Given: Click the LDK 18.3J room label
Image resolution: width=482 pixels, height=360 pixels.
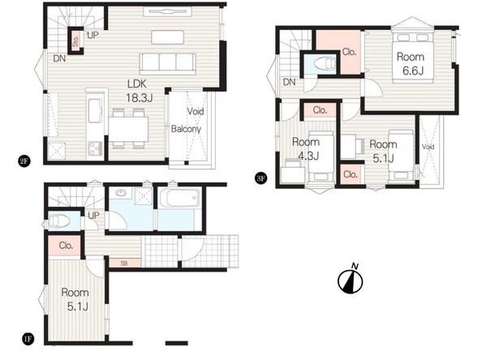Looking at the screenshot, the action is click(140, 91).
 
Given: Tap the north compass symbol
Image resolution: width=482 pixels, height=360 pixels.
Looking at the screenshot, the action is click(351, 280).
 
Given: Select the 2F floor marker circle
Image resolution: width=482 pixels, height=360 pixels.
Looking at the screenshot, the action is click(24, 161).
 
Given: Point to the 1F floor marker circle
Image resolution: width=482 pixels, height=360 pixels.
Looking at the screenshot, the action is click(28, 339).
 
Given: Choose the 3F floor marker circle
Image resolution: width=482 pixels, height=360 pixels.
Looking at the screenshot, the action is click(260, 178).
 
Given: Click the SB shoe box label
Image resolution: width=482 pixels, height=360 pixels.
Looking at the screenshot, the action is click(124, 264).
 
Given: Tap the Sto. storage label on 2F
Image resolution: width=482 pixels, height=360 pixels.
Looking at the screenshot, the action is click(75, 41).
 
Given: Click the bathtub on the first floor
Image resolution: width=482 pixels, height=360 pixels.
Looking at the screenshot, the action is click(179, 199).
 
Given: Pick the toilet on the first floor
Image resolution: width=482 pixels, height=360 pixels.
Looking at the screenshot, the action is click(60, 221).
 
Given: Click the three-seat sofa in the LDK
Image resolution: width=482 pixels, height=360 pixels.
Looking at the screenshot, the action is click(167, 64).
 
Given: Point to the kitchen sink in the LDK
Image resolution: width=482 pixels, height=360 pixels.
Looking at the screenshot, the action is click(95, 110).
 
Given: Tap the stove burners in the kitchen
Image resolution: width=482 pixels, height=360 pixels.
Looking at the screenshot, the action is click(95, 148).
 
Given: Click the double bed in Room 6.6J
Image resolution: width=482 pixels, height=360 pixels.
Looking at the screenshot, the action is click(413, 58).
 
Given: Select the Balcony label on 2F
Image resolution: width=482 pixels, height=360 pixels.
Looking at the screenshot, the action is click(186, 129).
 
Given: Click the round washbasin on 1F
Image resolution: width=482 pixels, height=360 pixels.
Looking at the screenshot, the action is click(120, 193).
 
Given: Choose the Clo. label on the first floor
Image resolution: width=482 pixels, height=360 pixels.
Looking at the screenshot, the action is click(66, 246).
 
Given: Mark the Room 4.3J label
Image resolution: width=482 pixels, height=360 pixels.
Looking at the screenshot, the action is click(306, 148).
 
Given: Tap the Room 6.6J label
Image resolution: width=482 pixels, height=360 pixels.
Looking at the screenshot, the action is click(411, 63).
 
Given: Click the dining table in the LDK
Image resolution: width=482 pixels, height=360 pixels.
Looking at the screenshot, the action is click(128, 129).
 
